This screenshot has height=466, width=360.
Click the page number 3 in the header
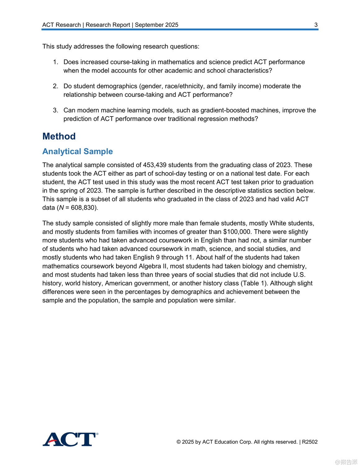click(316, 25)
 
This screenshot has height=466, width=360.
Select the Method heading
click(59, 136)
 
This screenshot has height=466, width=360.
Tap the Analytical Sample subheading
click(78, 151)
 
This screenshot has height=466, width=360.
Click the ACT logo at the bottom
click(70, 439)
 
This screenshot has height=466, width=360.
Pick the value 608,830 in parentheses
click(83, 208)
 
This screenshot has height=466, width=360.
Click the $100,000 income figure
click(237, 232)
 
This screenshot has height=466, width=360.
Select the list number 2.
click(55, 86)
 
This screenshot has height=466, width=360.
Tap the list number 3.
click(55, 110)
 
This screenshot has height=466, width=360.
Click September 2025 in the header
click(157, 25)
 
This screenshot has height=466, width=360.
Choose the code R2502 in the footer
click(310, 442)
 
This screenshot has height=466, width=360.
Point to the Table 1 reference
click(254, 283)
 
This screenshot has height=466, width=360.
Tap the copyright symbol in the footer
click(179, 442)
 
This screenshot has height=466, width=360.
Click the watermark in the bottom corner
click(346, 462)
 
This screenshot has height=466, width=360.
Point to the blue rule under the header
click(180, 30)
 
